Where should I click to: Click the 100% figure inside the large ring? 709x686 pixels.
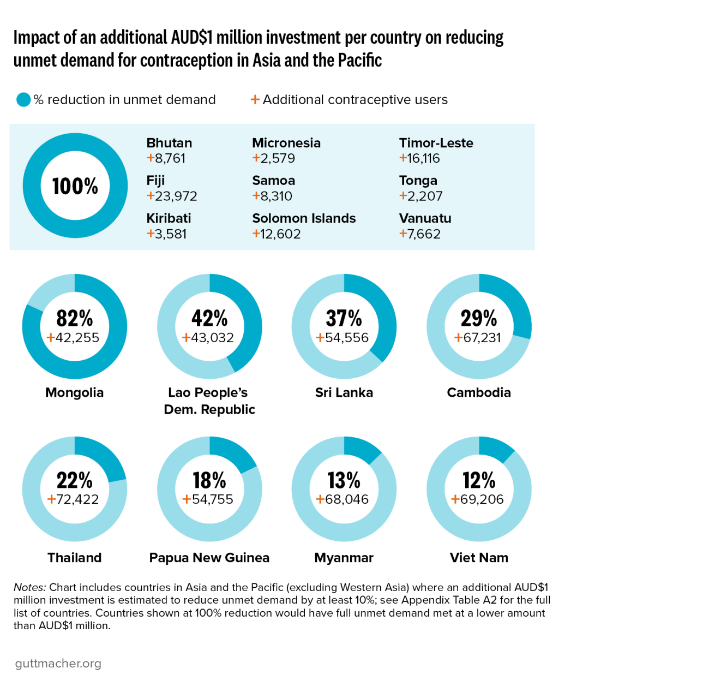(75, 186)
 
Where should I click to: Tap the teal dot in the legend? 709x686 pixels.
(23, 100)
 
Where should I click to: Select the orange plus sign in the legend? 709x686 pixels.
(255, 99)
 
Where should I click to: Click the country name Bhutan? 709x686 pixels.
(169, 143)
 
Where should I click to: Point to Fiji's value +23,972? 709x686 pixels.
(172, 196)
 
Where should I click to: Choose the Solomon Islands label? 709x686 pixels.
(304, 218)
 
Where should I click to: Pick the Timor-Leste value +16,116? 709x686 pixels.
(419, 158)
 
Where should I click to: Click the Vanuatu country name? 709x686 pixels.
(425, 218)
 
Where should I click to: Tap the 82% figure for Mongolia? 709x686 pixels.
(75, 318)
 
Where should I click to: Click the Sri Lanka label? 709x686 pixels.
(344, 392)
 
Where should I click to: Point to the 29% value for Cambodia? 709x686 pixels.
(479, 318)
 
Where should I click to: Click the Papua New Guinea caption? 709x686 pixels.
(209, 558)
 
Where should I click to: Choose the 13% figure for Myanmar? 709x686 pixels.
(344, 480)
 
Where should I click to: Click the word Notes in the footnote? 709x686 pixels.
(29, 587)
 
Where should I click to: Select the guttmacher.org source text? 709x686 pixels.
(58, 664)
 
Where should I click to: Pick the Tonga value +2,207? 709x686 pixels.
(421, 196)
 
